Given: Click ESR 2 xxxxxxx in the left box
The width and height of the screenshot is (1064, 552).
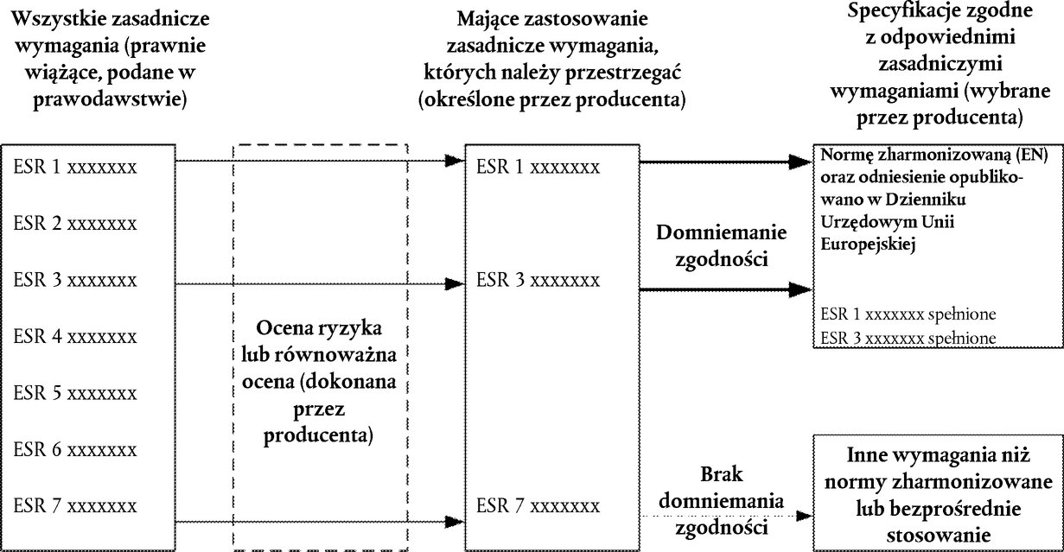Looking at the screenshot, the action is [75, 223].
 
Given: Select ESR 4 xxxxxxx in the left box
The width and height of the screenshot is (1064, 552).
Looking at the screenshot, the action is [75, 336].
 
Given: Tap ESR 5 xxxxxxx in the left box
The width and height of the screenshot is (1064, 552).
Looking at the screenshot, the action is [75, 392].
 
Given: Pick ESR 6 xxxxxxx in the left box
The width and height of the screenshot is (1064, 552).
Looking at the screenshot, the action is [75, 449].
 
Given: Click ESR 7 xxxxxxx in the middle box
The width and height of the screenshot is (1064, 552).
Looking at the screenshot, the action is [538, 505].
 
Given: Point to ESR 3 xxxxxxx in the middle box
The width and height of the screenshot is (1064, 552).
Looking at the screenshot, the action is [538, 280].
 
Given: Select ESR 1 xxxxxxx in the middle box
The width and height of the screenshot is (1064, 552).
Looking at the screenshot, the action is [538, 167].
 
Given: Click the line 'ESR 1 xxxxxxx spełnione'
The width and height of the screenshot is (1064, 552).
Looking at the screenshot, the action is [908, 314].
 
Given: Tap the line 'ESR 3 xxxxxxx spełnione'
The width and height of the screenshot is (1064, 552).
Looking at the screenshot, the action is [908, 338].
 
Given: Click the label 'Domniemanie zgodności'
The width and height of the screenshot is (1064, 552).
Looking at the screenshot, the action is [722, 245].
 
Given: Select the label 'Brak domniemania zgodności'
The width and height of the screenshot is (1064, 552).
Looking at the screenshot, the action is [722, 501].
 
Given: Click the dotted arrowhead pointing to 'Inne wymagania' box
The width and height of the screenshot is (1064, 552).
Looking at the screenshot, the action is [804, 516].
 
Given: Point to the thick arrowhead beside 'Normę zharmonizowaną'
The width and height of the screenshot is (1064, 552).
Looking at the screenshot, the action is [800, 162].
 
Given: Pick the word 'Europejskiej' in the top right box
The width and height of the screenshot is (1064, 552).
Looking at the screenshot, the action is [868, 244].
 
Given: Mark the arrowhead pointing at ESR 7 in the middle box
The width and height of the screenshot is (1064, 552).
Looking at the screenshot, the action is [455, 522].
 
